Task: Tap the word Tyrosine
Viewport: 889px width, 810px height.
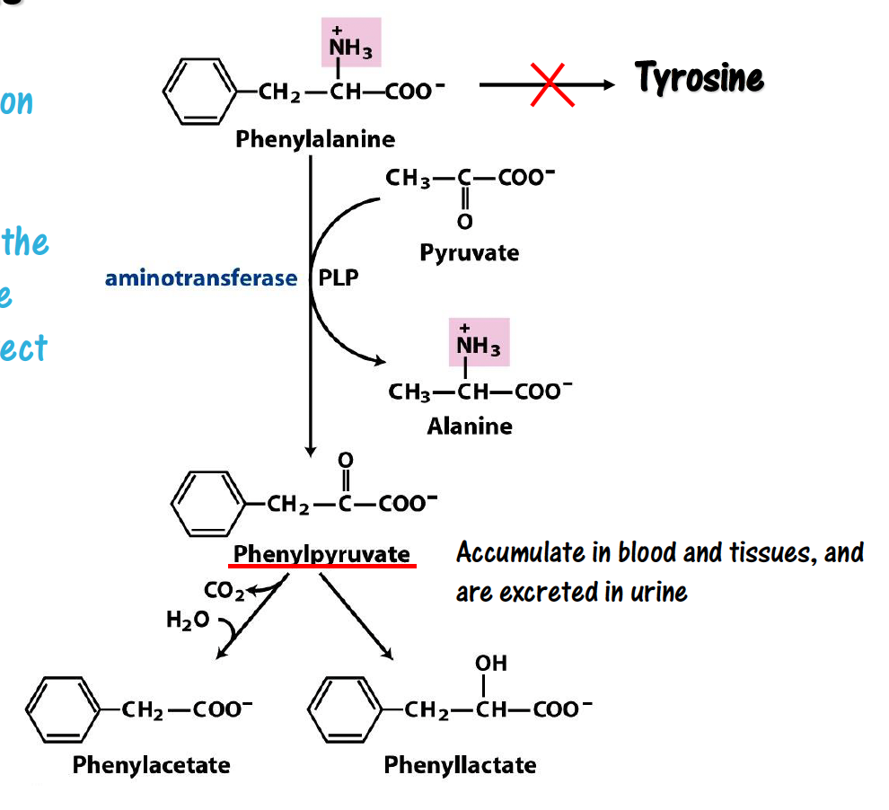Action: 700,78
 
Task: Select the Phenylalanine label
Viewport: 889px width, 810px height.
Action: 315,139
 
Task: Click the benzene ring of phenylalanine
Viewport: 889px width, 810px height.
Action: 199,92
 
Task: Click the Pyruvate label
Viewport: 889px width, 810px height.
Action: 469,252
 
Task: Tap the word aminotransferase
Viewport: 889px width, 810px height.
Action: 200,278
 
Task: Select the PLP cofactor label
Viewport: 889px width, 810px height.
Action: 339,278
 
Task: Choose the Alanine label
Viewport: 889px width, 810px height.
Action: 470,426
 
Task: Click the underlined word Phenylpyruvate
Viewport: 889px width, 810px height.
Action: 322,554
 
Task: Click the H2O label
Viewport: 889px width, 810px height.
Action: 187,620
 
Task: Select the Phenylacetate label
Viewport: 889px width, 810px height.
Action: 151,765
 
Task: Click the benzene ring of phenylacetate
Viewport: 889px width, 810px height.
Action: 60,711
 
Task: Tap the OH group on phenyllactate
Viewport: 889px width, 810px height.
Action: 491,663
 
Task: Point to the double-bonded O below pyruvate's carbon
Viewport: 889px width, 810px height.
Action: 464,221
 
